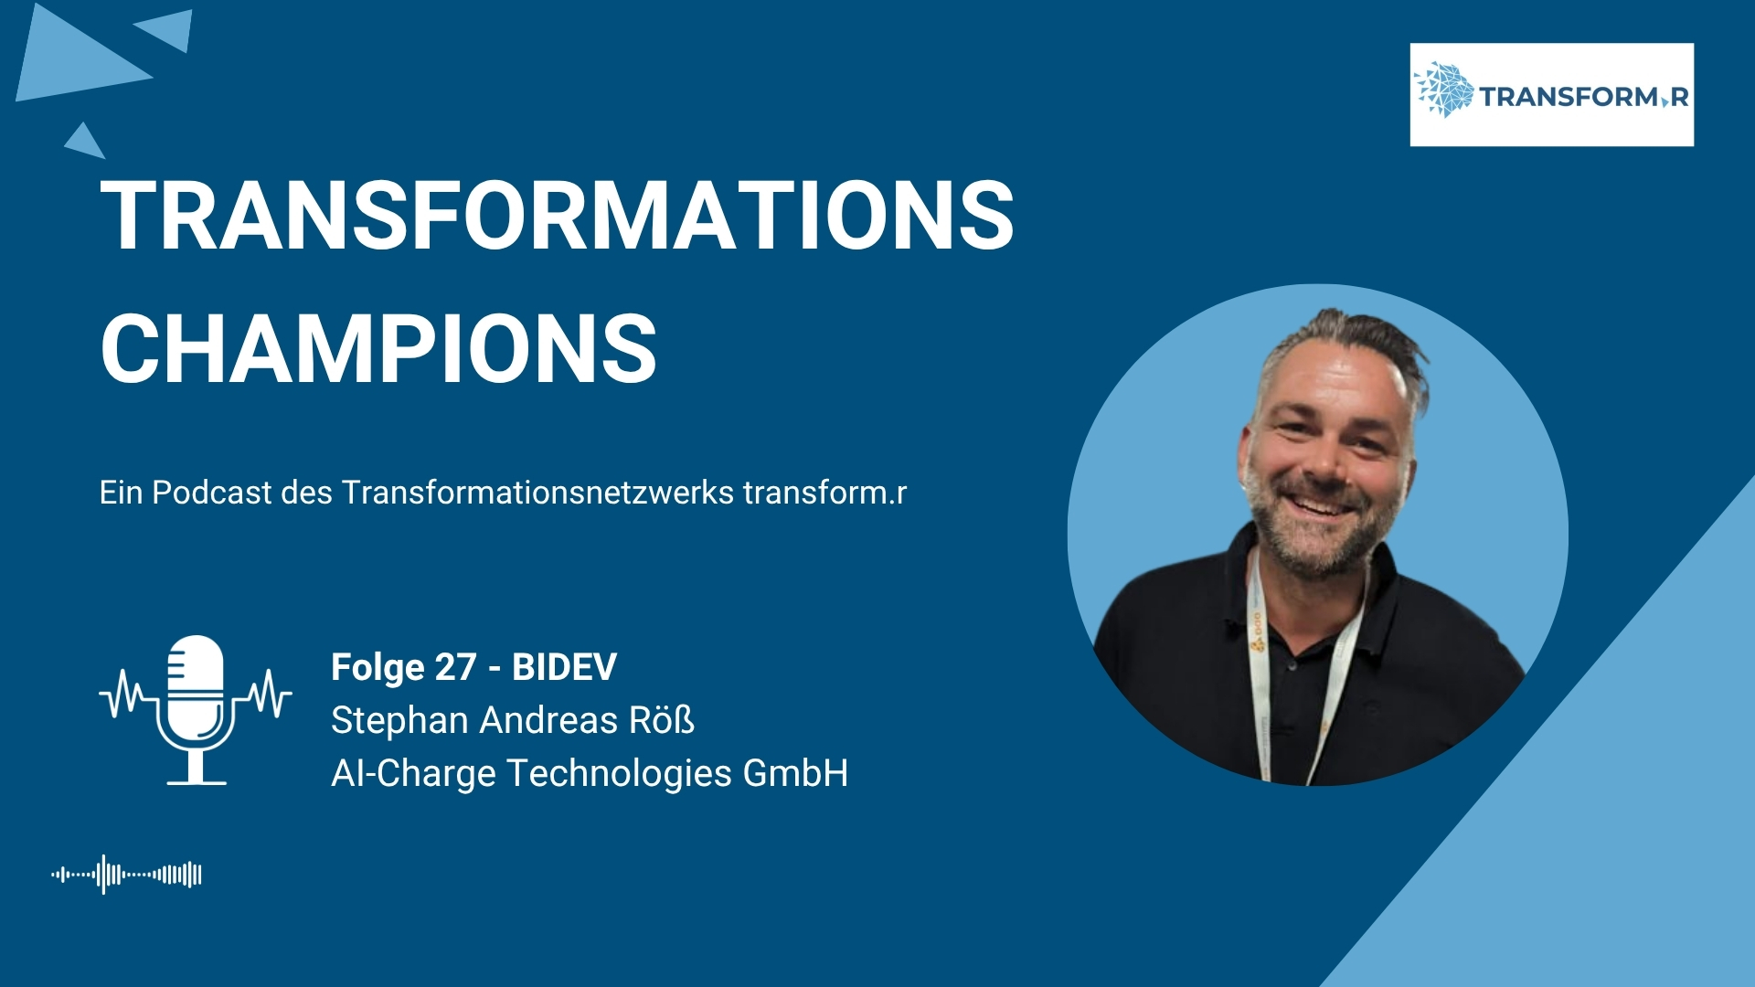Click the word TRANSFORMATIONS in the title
[x=557, y=215]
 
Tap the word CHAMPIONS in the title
[x=378, y=348]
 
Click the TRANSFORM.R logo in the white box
[x=1551, y=94]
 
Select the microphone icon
[x=196, y=709]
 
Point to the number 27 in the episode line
[x=455, y=667]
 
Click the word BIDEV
[x=564, y=667]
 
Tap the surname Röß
[x=661, y=720]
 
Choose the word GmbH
[x=795, y=773]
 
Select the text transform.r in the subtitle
[x=824, y=493]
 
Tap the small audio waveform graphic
[x=126, y=875]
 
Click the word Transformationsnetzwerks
[x=537, y=493]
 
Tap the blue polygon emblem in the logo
[x=1444, y=90]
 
